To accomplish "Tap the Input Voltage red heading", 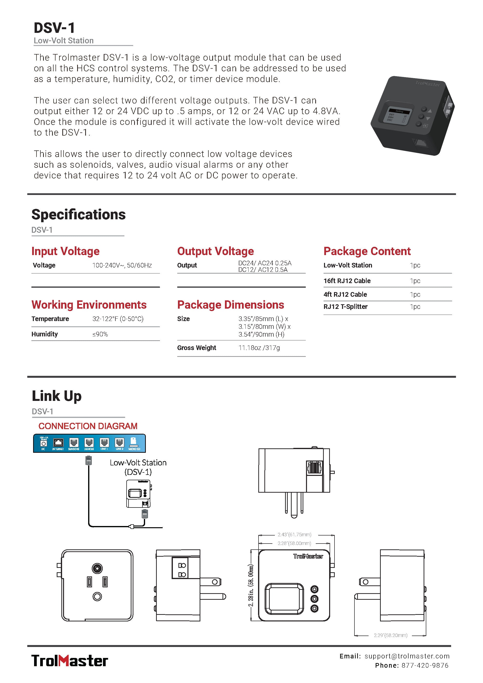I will [x=65, y=251].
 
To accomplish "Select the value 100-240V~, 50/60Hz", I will [x=122, y=265].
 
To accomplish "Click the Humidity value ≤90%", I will [x=100, y=334].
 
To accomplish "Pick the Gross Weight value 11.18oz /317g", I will [x=259, y=348].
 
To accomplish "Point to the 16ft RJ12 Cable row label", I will [x=347, y=281].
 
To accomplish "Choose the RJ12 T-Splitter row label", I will [x=345, y=307].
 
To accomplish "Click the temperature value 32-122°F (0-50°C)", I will [x=118, y=319].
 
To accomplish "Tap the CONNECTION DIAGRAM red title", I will [x=88, y=426].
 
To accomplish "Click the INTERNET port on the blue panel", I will [x=58, y=443].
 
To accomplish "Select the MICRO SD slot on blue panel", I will [x=134, y=443].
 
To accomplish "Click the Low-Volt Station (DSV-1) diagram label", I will [x=138, y=467].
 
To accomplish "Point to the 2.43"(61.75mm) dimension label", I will [x=294, y=535].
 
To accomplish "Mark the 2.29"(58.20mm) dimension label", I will [x=390, y=635].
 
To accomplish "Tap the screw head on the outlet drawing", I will [x=97, y=568].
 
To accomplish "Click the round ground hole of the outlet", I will [x=97, y=596].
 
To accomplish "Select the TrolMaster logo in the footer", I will [x=70, y=661].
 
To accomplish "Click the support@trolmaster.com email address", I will [x=407, y=656].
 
